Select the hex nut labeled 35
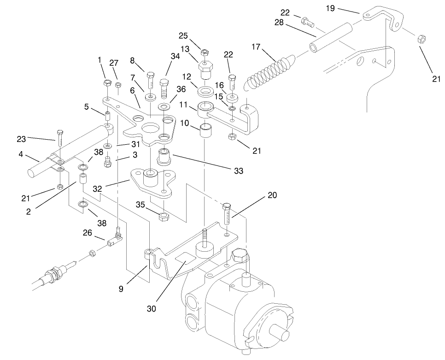[x=163, y=217]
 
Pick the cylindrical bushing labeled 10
[x=205, y=132]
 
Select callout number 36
[x=181, y=89]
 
